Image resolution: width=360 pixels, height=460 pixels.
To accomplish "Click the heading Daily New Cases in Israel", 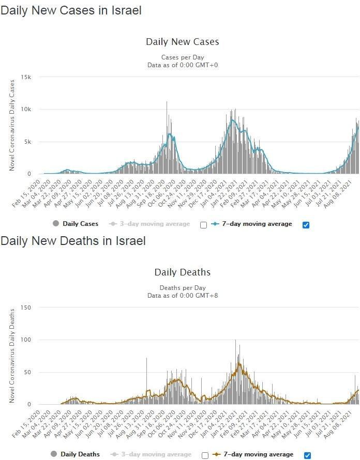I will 71,10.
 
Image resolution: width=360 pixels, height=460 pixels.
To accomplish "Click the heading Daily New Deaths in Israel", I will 73,241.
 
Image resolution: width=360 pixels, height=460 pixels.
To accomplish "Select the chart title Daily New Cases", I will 182,42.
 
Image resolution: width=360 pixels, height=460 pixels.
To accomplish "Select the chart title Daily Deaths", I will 182,272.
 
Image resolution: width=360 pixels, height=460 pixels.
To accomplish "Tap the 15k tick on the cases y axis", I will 26,77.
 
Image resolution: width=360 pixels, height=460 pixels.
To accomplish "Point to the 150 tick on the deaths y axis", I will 26,308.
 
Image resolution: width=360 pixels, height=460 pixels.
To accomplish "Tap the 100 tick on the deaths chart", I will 26,340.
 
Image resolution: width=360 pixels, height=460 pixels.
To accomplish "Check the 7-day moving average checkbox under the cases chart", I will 306,225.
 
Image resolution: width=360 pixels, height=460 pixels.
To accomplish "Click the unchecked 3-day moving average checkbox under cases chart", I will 203,225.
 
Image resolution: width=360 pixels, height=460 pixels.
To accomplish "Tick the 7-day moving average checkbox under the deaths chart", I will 307,455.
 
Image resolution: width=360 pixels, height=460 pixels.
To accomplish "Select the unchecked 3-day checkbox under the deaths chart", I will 205,455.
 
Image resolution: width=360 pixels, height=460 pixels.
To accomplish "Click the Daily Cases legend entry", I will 76,224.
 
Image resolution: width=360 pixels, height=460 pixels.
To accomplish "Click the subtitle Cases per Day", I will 182,57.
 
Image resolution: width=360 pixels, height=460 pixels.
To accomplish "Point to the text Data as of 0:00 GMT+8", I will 182,295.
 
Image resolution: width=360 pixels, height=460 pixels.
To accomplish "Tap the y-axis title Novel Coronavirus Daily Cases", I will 12,126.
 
